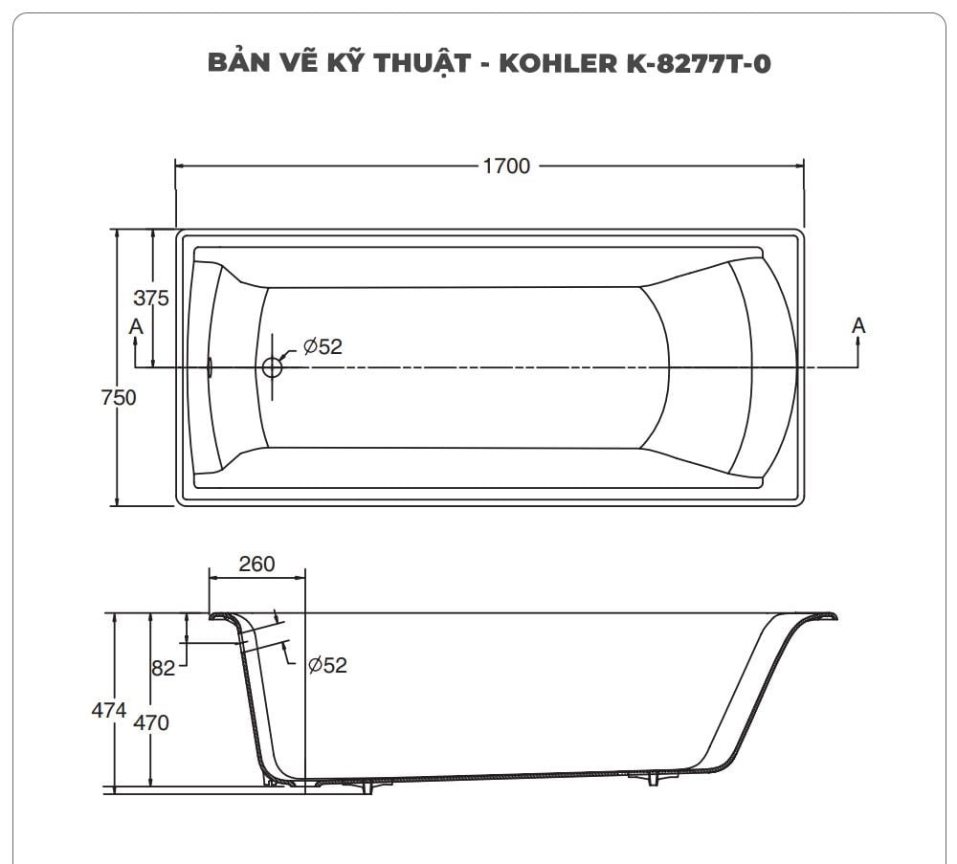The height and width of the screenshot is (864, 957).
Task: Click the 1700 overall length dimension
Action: pos(505,166)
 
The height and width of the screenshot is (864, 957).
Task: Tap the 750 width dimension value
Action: pos(119,397)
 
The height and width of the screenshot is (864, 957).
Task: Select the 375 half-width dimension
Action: pos(150,299)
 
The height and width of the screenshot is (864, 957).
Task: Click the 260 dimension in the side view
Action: pos(256,565)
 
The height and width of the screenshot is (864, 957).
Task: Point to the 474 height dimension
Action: pos(109,710)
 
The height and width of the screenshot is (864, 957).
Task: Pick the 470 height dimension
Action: pos(151,722)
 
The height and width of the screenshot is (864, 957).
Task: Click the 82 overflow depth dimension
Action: pos(164,668)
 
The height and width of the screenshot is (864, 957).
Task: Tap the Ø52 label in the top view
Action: pos(323,347)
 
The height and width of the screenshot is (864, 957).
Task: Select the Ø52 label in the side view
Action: pos(327,665)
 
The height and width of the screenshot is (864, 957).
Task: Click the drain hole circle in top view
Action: pos(273,366)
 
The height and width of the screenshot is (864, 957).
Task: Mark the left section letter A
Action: pos(136,326)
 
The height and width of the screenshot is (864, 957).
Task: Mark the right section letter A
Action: pos(858,326)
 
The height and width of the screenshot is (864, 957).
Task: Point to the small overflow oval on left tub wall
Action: pos(210,366)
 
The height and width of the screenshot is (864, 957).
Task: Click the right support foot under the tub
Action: pos(654,779)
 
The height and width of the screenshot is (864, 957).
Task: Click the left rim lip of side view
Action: pos(221,616)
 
